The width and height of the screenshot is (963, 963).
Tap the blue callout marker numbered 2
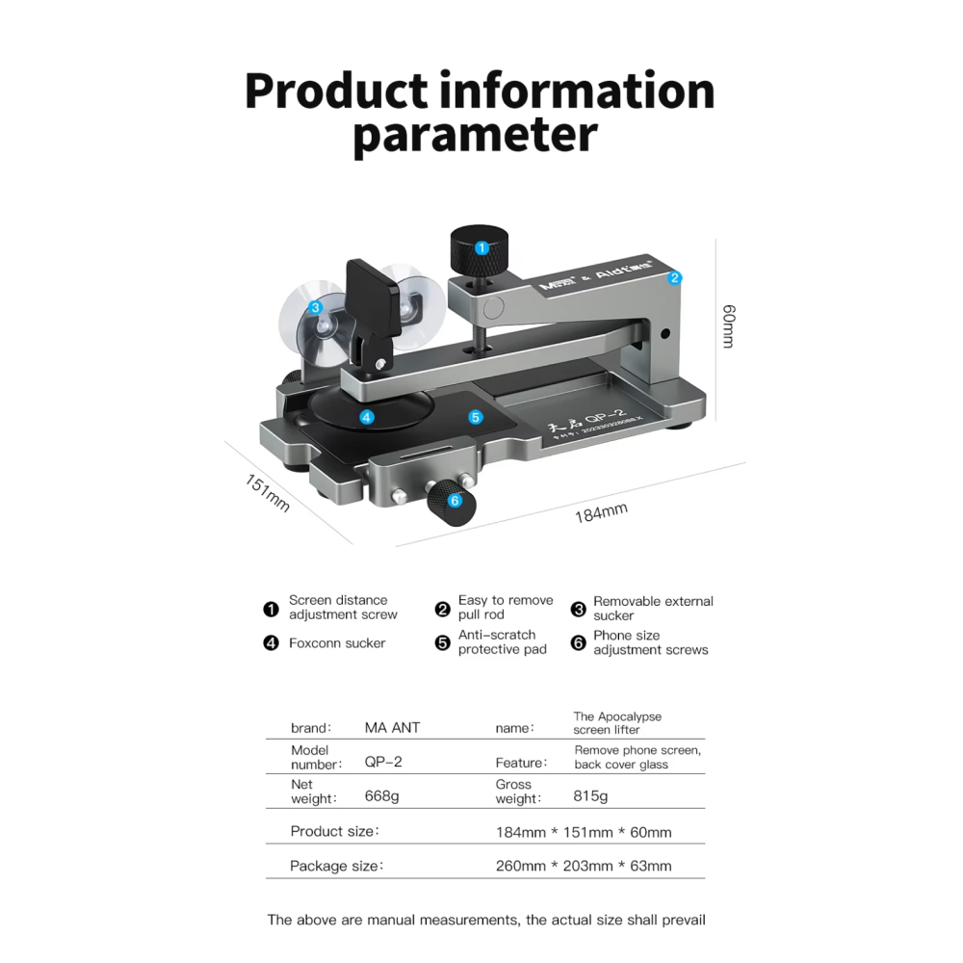click(675, 277)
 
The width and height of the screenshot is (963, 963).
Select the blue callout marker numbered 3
click(315, 308)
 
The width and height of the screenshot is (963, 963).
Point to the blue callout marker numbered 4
click(366, 417)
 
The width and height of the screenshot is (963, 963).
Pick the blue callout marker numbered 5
click(475, 417)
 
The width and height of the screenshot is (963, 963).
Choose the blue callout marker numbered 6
click(455, 500)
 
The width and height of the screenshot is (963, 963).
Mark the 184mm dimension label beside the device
click(601, 512)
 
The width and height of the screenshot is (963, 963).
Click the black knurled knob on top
click(478, 250)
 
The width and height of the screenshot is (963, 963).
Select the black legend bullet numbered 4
click(272, 643)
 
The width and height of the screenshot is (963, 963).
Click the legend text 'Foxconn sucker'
click(337, 643)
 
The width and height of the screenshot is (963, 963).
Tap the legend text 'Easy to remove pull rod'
click(506, 607)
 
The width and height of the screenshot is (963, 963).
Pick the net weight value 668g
click(383, 796)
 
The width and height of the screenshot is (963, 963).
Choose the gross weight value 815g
click(591, 796)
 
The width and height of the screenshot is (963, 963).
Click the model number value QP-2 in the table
click(383, 762)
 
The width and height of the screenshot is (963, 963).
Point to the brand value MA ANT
click(392, 728)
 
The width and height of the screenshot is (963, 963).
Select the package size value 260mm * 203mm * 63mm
click(584, 866)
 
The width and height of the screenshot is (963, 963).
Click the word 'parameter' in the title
click(475, 136)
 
